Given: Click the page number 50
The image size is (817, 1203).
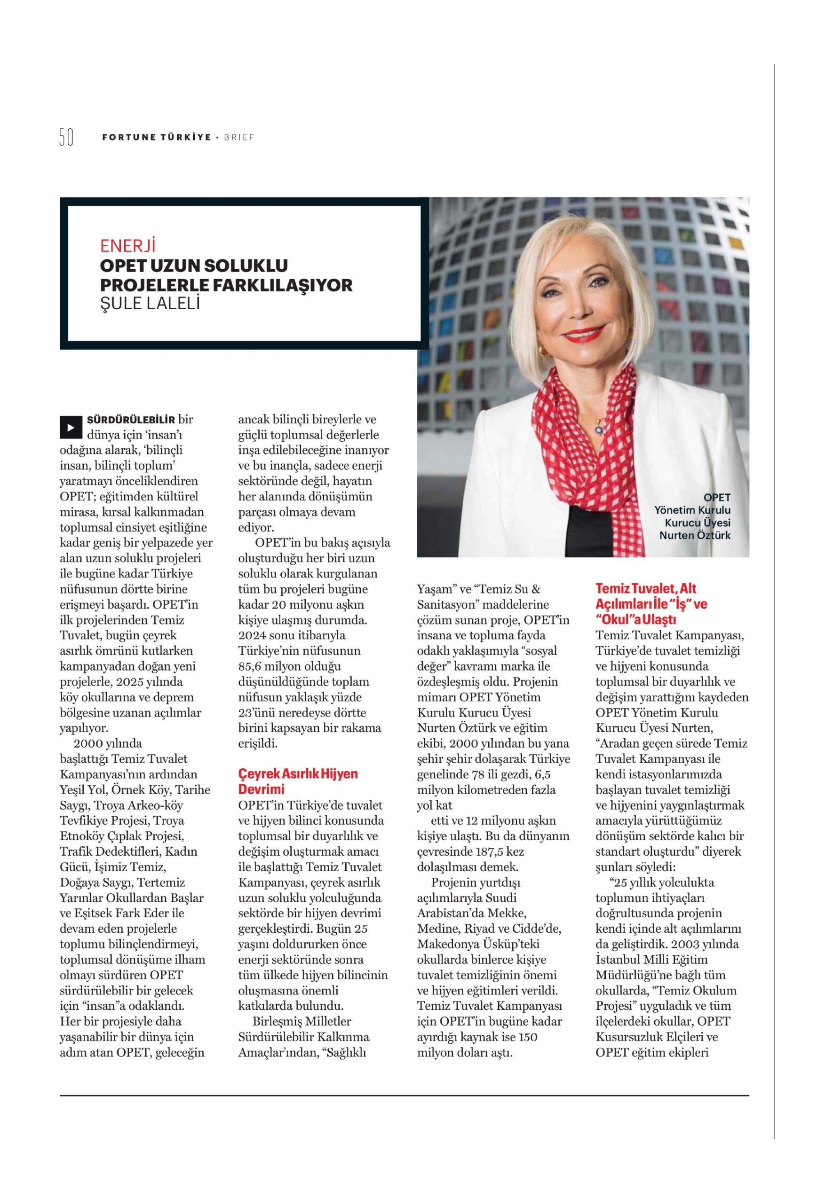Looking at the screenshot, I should [66, 137].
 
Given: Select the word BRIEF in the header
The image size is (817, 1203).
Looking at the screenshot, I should [239, 138].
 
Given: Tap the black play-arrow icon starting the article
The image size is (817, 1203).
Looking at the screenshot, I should [71, 427].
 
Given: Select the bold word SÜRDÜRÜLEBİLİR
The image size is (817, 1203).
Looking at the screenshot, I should [132, 419].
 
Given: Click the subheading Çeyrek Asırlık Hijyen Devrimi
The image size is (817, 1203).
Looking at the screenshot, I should [297, 781].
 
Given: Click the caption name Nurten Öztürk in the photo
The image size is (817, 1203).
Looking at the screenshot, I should [694, 535].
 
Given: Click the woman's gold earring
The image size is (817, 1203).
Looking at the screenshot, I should [543, 351].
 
